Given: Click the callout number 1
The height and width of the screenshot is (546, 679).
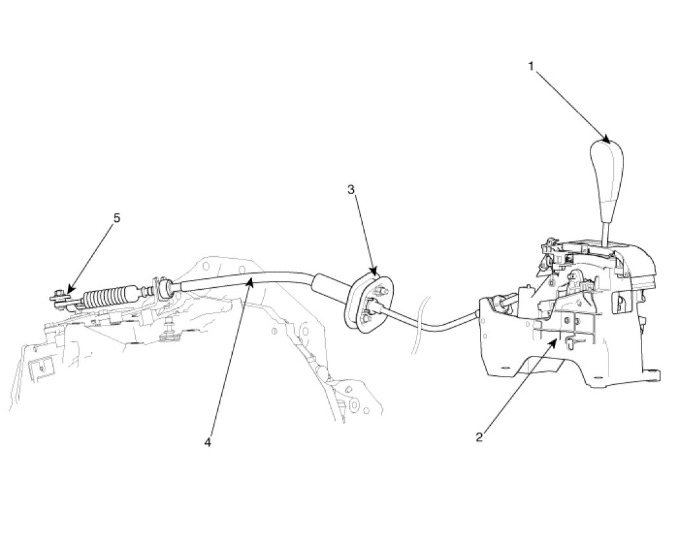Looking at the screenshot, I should point(532,67).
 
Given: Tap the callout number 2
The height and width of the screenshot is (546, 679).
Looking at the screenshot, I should point(479,437).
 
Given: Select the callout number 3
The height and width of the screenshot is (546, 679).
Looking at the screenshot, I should point(351,190).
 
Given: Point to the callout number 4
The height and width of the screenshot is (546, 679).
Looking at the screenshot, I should point(208,442).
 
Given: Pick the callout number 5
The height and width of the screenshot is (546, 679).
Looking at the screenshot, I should point(116,218).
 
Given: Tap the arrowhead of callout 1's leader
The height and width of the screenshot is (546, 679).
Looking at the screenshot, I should point(608,140).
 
